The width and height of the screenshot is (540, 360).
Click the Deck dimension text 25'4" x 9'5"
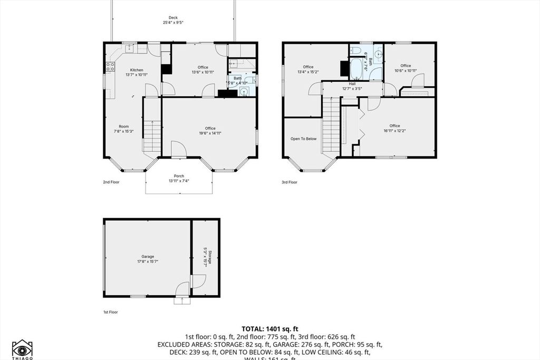[x=173, y=23]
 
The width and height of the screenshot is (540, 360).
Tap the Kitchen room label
[x=137, y=70]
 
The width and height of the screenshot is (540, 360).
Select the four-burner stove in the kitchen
[x=110, y=67]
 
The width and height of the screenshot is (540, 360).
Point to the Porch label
[x=179, y=176]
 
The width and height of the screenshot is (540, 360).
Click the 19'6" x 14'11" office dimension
[x=210, y=133]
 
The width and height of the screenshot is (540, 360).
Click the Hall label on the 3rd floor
[x=352, y=84]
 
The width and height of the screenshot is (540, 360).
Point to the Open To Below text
[x=303, y=139]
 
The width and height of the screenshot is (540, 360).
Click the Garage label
[x=148, y=256]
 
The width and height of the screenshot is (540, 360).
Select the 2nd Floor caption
[x=111, y=182]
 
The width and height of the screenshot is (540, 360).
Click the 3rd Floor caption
[x=290, y=182]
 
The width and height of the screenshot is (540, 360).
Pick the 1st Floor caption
[x=110, y=312]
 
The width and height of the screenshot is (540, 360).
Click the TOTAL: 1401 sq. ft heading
[x=269, y=328]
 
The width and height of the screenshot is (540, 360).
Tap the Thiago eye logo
[x=22, y=348]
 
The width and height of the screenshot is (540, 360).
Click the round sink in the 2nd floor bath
[x=244, y=91]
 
